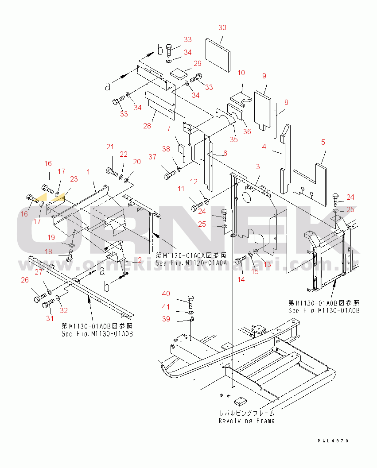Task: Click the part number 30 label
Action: click(x=222, y=27)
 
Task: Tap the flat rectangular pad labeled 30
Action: click(x=218, y=54)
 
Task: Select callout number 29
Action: click(x=197, y=63)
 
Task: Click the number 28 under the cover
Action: click(x=147, y=126)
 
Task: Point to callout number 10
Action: click(x=241, y=72)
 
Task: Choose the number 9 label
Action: click(x=264, y=75)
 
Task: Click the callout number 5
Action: click(x=323, y=142)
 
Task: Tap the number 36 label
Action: click(x=247, y=131)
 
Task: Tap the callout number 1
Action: click(x=89, y=171)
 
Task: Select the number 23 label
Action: click(x=74, y=179)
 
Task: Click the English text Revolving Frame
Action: click(x=246, y=421)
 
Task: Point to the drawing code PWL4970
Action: click(x=333, y=441)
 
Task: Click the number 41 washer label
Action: click(x=165, y=306)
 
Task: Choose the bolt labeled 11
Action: click(x=197, y=206)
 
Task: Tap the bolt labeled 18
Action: click(x=69, y=255)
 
